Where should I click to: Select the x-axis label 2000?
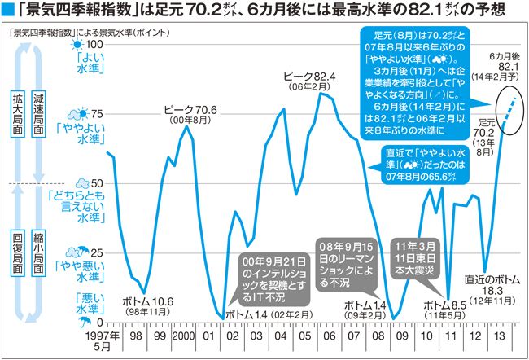[x=184, y=336]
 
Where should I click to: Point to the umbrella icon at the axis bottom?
[x=81, y=323]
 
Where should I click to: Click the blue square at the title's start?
[x=9, y=12]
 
